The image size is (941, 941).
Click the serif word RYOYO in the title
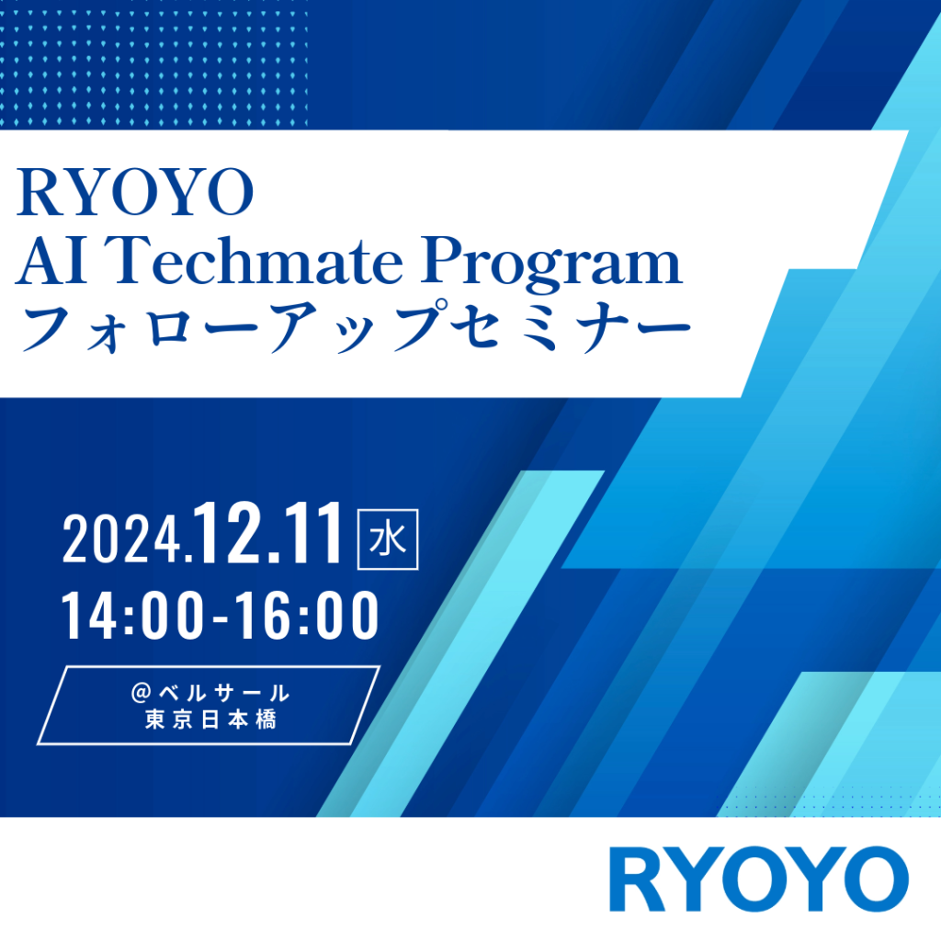pyautogui.click(x=135, y=192)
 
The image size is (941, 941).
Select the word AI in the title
pyautogui.click(x=52, y=261)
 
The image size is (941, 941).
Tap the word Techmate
pyautogui.click(x=257, y=261)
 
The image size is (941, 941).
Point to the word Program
pyautogui.click(x=550, y=264)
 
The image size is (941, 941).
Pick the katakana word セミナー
pyautogui.click(x=570, y=328)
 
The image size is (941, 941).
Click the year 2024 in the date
pyautogui.click(x=122, y=539)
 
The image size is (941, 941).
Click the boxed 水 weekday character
pyautogui.click(x=388, y=539)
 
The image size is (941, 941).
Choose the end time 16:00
pyautogui.click(x=307, y=615)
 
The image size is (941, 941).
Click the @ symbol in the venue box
pyautogui.click(x=142, y=693)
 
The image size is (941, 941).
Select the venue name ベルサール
pyautogui.click(x=224, y=693)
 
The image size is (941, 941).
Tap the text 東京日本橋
pyautogui.click(x=210, y=720)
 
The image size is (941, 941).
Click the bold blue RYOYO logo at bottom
pyautogui.click(x=758, y=879)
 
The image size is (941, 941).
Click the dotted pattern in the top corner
pyautogui.click(x=153, y=65)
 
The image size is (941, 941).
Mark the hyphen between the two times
pyautogui.click(x=220, y=617)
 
